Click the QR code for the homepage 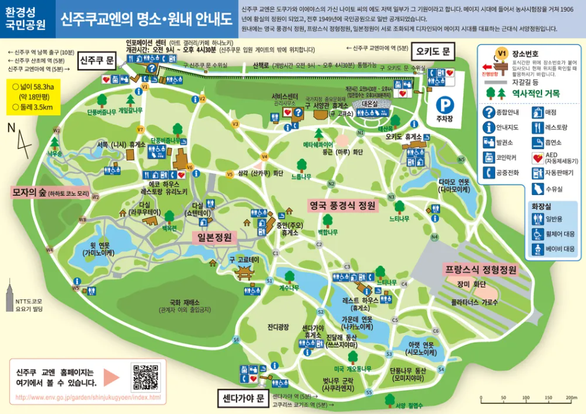tap(146, 377)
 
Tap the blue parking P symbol tap(444, 105)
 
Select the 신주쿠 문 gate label tap(98, 60)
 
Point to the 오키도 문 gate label tap(435, 50)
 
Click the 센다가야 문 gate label tap(242, 398)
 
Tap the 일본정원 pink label tap(214, 237)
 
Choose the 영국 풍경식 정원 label tap(342, 204)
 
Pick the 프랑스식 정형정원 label tap(480, 270)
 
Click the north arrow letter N tap(11, 127)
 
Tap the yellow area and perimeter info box tap(37, 98)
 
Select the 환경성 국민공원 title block tap(25, 19)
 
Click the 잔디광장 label tap(278, 326)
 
